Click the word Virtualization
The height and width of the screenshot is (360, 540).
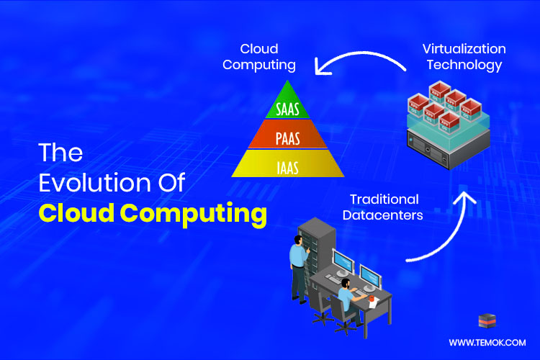[464, 49]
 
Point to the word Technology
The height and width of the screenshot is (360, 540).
[464, 65]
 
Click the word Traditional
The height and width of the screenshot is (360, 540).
[384, 198]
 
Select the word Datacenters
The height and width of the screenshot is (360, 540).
[384, 214]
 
